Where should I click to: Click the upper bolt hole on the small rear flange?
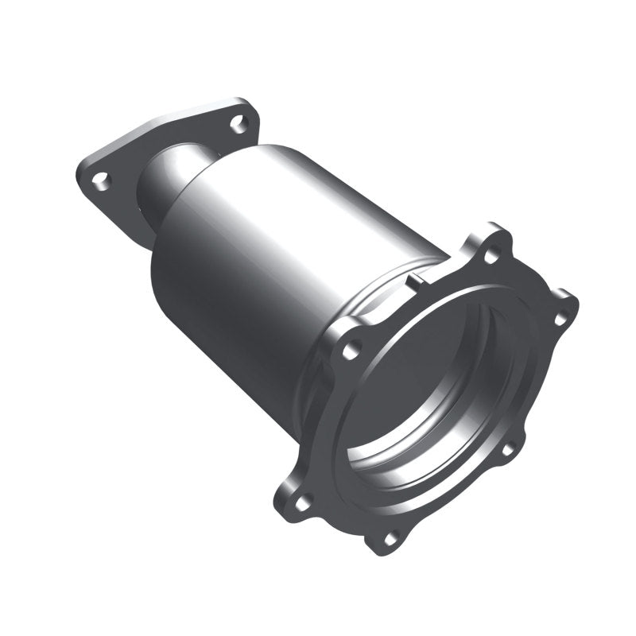click(237, 122)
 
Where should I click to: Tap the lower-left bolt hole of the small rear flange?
click(99, 180)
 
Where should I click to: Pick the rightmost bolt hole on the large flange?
click(560, 319)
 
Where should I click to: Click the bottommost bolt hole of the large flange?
click(390, 538)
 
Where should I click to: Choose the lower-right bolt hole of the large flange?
click(506, 449)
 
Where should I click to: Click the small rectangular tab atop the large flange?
click(416, 280)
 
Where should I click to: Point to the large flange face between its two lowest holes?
click(342, 525)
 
